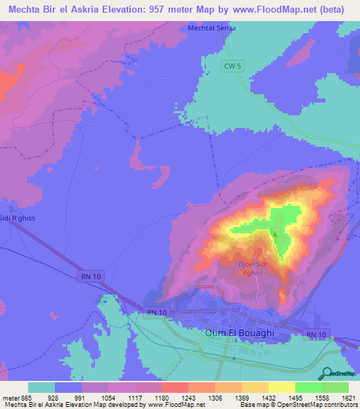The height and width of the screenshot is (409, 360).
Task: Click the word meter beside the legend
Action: [10, 398]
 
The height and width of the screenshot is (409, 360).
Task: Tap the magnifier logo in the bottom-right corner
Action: [328, 374]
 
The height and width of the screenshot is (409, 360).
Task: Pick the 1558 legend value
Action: [321, 398]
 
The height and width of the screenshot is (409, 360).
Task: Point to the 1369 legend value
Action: [242, 398]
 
